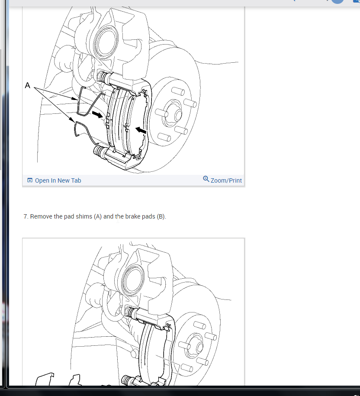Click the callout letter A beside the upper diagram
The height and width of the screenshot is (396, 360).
point(28,86)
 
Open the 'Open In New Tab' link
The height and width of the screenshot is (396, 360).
point(58,180)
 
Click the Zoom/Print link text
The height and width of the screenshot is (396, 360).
point(226,180)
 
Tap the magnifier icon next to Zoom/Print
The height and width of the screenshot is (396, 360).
point(206,179)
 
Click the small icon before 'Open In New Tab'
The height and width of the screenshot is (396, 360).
point(30,180)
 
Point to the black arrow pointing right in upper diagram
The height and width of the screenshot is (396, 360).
point(98,115)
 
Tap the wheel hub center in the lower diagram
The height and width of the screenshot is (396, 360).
point(197,347)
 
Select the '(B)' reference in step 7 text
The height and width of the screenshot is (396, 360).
point(161,216)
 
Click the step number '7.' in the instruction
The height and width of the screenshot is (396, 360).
point(26,216)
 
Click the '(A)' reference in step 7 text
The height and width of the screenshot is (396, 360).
point(97,216)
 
